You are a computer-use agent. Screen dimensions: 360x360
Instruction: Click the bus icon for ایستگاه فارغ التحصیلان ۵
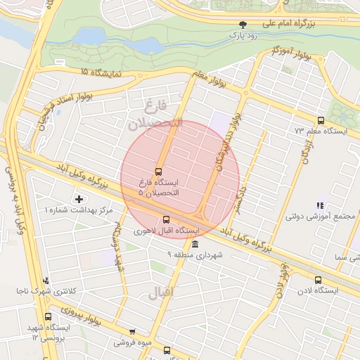coord(158,171)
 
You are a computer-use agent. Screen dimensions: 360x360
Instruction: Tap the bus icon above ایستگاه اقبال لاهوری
coord(166,219)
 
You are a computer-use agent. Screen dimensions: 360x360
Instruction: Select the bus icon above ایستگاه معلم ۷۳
coord(321,120)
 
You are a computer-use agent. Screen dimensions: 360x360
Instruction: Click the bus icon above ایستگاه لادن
coord(318,279)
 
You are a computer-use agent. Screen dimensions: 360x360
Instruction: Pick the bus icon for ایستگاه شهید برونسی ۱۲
coord(48,317)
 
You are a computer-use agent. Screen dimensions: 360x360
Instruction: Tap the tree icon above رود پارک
coord(243,23)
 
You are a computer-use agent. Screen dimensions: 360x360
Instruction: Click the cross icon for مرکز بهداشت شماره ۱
coord(78,200)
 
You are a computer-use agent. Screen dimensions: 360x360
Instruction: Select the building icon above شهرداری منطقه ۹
coord(195,243)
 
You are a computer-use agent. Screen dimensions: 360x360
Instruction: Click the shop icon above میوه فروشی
coord(131,332)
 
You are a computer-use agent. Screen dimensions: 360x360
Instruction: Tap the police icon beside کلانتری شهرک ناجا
coord(46,281)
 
